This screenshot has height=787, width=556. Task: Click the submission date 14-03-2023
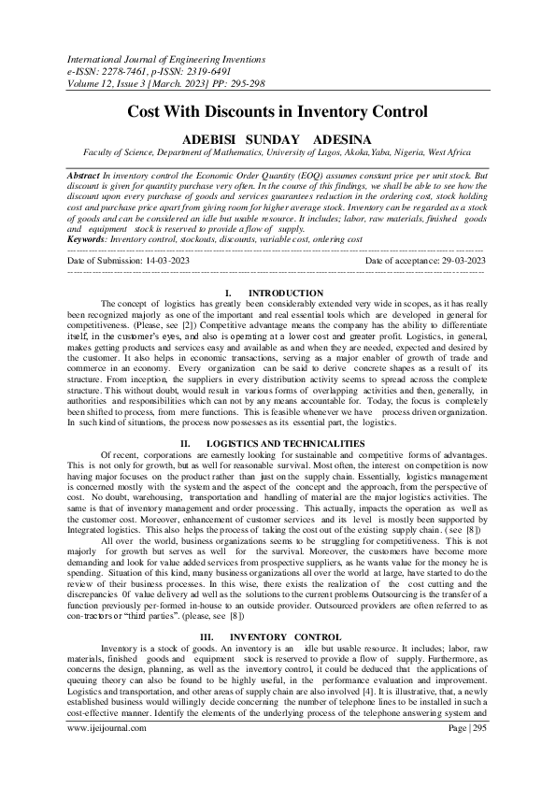pyautogui.click(x=169, y=260)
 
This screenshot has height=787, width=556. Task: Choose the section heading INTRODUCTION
pyautogui.click(x=286, y=293)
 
